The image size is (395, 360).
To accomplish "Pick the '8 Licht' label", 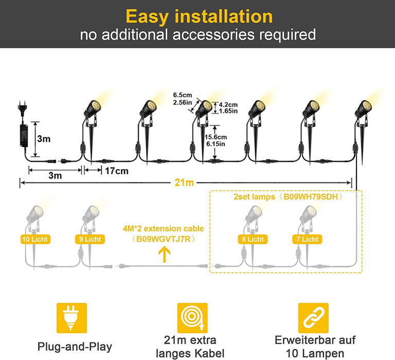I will (x=253, y=239).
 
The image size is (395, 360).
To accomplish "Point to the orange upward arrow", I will (x=164, y=255).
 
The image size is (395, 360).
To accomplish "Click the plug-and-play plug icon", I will (x=71, y=318).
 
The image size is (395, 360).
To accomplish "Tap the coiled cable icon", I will (x=192, y=318).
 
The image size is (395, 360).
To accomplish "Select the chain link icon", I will (x=313, y=318).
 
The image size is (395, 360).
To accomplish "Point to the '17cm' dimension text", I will (x=116, y=171).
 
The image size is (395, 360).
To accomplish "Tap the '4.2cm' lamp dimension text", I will (x=227, y=104).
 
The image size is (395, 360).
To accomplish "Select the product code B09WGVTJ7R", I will (x=164, y=238).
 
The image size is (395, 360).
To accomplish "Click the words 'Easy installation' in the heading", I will (x=199, y=16).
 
